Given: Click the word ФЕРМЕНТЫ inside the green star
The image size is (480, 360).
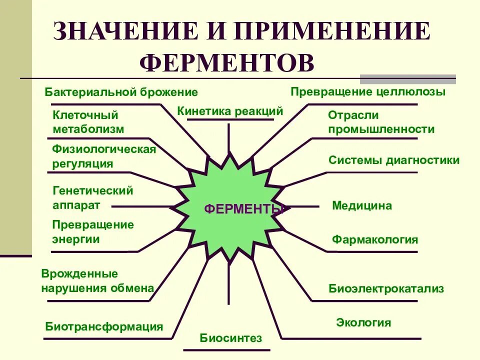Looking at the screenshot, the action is tap(244, 209).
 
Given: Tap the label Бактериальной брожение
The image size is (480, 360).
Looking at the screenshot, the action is tap(121, 92).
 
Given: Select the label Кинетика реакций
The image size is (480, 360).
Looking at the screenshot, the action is tap(230, 111).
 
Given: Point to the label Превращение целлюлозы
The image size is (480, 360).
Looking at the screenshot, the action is tap(368, 92).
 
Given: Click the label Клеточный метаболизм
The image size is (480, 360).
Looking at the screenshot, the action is tap(88, 122).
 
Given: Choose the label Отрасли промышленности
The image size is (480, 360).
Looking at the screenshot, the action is tap(381, 122).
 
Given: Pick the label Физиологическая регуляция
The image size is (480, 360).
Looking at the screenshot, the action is tap(104, 156).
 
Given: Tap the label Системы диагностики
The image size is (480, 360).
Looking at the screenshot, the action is tap(394, 160).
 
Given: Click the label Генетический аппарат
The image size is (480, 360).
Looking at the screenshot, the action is tap(92, 197).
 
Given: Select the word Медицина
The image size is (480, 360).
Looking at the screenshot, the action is tap(362, 205).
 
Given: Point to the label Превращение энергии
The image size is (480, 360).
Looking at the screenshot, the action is tap(93, 231).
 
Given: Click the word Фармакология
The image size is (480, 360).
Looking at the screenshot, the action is tap(375, 239).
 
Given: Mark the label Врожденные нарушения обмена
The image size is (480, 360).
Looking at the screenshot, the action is tap(97, 280).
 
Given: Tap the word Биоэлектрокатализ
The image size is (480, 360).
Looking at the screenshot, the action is tap(386, 288).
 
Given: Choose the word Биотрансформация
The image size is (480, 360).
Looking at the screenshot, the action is tap(104, 327).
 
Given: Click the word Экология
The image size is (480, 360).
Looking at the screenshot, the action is tap(363, 322).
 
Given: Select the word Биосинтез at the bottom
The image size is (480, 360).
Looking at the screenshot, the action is tap(231, 338).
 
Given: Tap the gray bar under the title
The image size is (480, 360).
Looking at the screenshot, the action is tap(408, 78).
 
